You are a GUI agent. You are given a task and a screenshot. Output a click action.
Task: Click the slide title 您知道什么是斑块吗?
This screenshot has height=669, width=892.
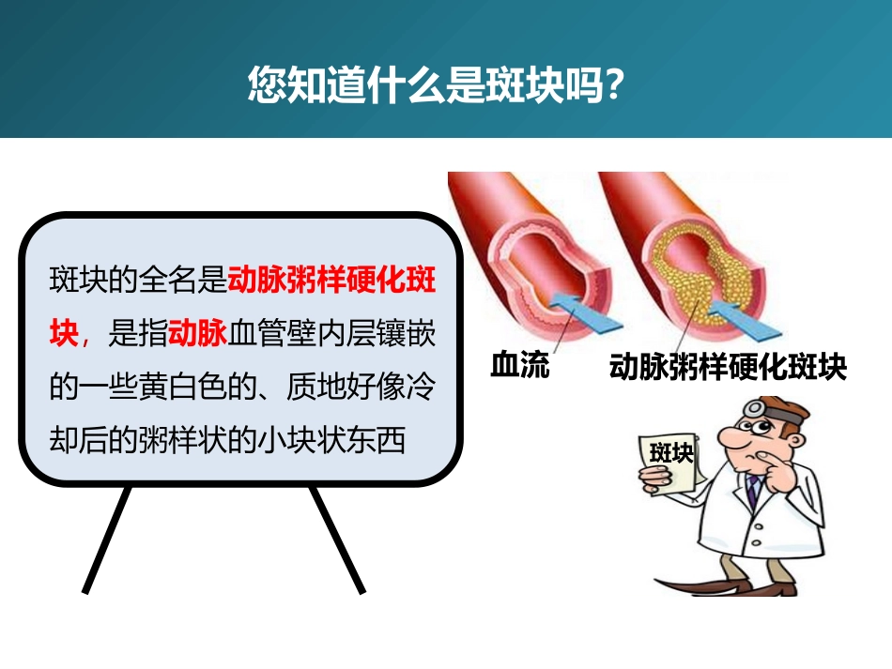point(437,85)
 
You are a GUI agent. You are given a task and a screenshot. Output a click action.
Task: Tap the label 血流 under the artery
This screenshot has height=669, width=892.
point(520,364)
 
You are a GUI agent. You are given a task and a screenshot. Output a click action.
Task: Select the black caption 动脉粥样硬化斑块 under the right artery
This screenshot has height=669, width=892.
point(728,366)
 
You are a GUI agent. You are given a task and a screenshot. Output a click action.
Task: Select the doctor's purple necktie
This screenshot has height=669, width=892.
point(753,492)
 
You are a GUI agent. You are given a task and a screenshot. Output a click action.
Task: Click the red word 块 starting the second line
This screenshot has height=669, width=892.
point(64,332)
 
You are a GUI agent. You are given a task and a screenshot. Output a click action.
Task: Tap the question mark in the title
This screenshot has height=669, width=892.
point(615,85)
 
